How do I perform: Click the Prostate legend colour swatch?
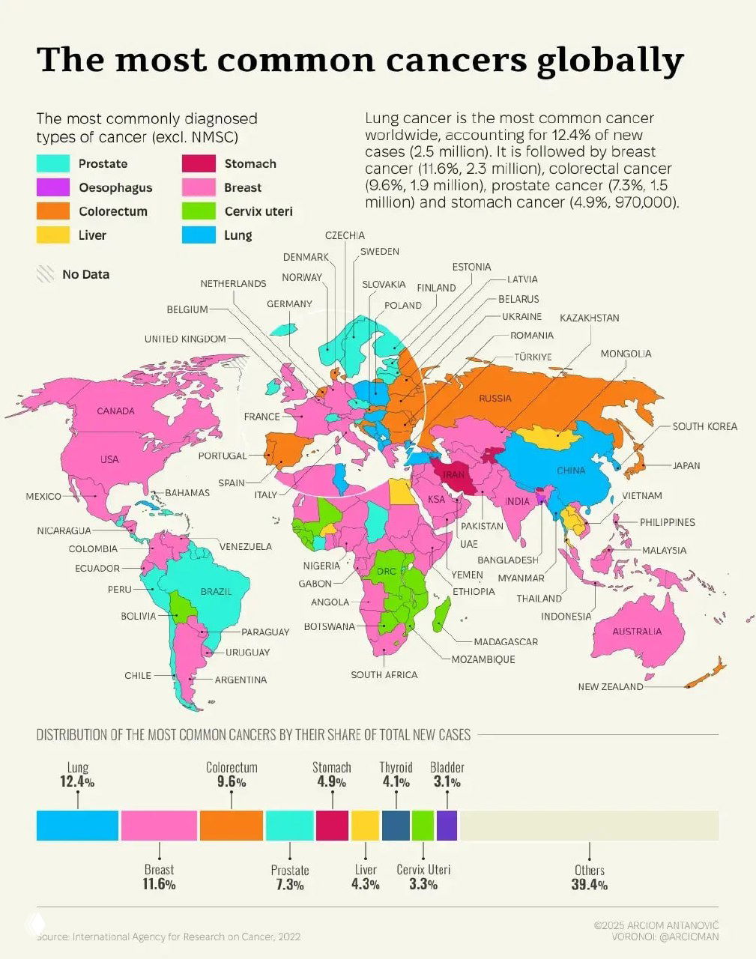coord(53,163)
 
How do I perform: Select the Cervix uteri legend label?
coord(258,211)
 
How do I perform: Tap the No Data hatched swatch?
coord(46,274)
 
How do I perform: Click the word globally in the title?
coord(610,60)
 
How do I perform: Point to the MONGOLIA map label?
coord(626,354)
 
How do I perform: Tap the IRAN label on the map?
coord(453,475)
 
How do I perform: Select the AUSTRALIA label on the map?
coord(637,631)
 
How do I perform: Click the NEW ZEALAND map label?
coord(610,686)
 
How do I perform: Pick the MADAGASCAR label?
coord(505,641)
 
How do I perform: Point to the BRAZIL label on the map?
coord(216,591)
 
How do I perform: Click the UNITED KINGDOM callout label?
coord(185,339)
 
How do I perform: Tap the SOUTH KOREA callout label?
coord(704,426)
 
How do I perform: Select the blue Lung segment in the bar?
coord(77,825)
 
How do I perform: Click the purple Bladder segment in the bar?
coord(447,825)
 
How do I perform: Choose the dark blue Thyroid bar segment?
coord(396,825)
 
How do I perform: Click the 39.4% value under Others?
coord(589,885)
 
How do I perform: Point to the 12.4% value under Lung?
coord(77,781)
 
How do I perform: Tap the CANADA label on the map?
coord(115,411)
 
